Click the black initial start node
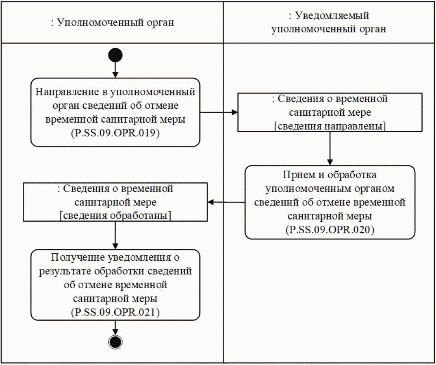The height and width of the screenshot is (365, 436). [x=115, y=55]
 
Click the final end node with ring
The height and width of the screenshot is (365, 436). [x=115, y=342]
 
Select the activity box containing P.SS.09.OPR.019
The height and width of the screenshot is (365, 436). [x=115, y=112]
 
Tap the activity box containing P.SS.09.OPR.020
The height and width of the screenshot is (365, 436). [x=330, y=202]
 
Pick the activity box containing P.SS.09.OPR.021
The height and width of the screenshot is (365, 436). [x=115, y=285]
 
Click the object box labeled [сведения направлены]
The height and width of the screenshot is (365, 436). [x=330, y=112]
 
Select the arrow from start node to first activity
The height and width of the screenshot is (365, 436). [x=115, y=69]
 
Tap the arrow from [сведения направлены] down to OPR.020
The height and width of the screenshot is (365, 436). [x=330, y=148]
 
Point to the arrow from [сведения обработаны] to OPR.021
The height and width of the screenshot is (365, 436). [x=115, y=235]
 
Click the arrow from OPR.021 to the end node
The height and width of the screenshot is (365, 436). [x=115, y=327]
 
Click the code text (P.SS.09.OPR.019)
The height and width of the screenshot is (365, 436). [x=115, y=133]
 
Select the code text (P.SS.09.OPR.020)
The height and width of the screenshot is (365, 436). [x=330, y=230]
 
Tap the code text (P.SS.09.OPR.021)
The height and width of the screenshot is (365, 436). [x=115, y=312]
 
